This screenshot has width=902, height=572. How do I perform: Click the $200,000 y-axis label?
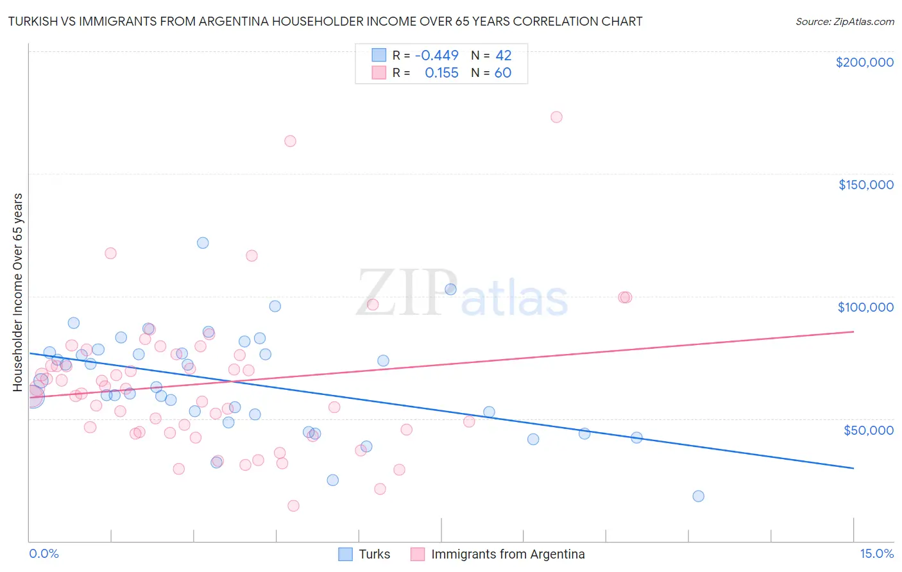[864, 62]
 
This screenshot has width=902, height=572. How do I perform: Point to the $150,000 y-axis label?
[865, 185]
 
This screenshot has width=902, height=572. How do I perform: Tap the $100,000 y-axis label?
[865, 307]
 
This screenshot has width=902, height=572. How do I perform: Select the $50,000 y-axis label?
[868, 430]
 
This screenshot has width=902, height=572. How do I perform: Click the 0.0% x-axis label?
[44, 553]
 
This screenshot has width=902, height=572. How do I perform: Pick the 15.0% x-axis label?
[876, 553]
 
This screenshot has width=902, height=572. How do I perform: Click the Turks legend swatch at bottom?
[345, 554]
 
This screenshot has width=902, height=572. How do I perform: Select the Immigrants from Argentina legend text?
[508, 554]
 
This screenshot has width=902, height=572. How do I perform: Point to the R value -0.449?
[437, 56]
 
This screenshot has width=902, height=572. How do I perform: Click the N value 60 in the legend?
[503, 73]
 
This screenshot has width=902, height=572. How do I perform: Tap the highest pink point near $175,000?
[556, 117]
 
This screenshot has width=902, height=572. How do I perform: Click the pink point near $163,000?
[290, 141]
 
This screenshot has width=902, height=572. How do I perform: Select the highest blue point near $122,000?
[203, 242]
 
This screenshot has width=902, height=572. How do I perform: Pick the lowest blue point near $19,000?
[699, 496]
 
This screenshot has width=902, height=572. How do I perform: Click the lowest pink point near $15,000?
[293, 505]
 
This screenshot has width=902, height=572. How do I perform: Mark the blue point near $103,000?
[450, 289]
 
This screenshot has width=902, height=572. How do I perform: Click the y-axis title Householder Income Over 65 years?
[18, 292]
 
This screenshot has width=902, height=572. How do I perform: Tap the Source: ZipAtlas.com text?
[844, 22]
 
